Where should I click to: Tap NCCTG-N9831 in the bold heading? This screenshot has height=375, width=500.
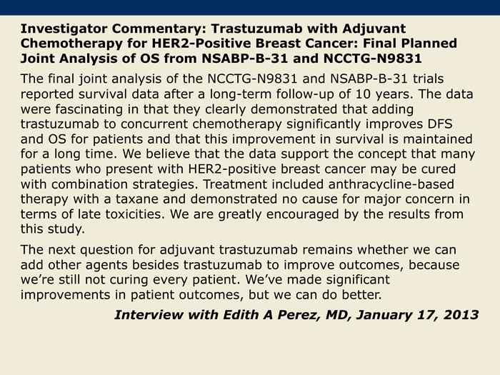point(372,59)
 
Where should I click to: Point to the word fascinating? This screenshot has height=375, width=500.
point(89,109)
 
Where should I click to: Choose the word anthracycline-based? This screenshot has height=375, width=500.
point(391,184)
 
